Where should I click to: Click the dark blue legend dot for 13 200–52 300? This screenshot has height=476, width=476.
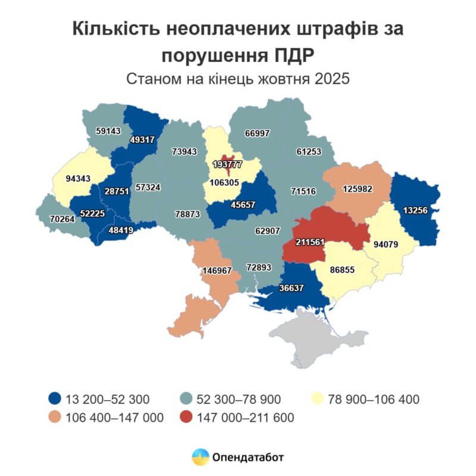point(55,399)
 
